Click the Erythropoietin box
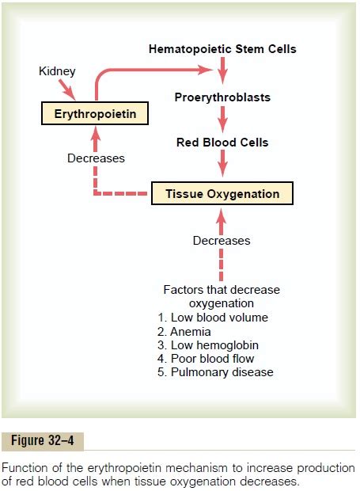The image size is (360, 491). point(95,115)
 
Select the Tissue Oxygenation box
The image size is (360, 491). point(222,193)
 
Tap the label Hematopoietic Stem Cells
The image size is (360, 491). point(222,49)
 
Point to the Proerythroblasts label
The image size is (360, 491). point(222,97)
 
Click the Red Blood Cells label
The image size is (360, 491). point(222,143)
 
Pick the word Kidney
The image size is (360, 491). point(57,71)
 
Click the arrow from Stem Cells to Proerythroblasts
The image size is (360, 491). point(222,73)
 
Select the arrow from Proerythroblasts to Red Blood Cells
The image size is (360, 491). point(222,120)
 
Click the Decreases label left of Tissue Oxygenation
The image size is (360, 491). point(96,158)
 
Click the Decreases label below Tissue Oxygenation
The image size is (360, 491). point(222,241)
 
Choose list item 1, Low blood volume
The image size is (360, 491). point(219,318)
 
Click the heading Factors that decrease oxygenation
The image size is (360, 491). point(222,297)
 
